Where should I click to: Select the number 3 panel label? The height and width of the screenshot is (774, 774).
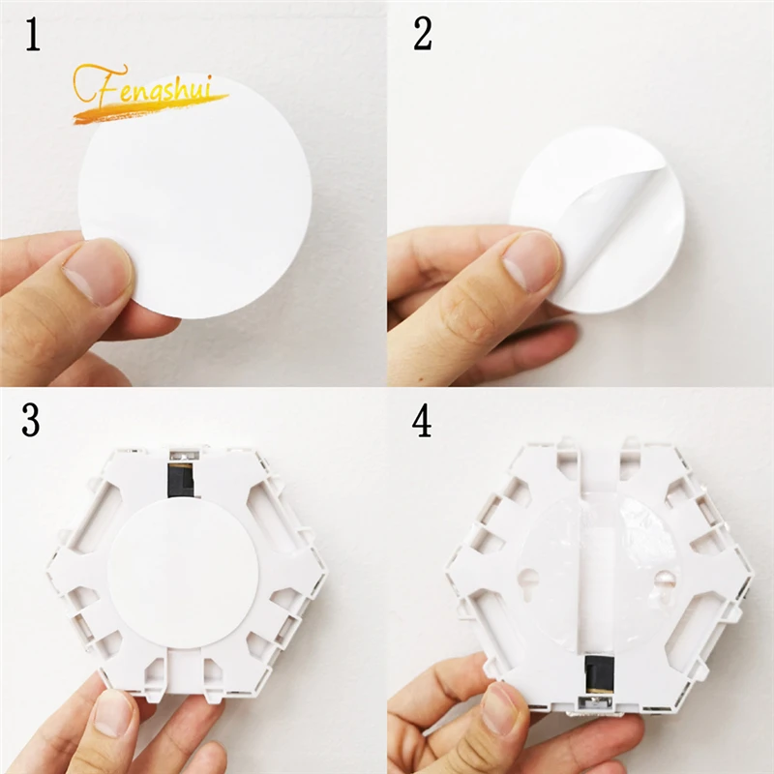pyautogui.click(x=32, y=422)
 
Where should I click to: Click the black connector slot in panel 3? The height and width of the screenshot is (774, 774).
pyautogui.click(x=181, y=478)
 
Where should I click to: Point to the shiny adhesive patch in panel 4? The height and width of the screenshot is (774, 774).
pyautogui.click(x=634, y=527)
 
